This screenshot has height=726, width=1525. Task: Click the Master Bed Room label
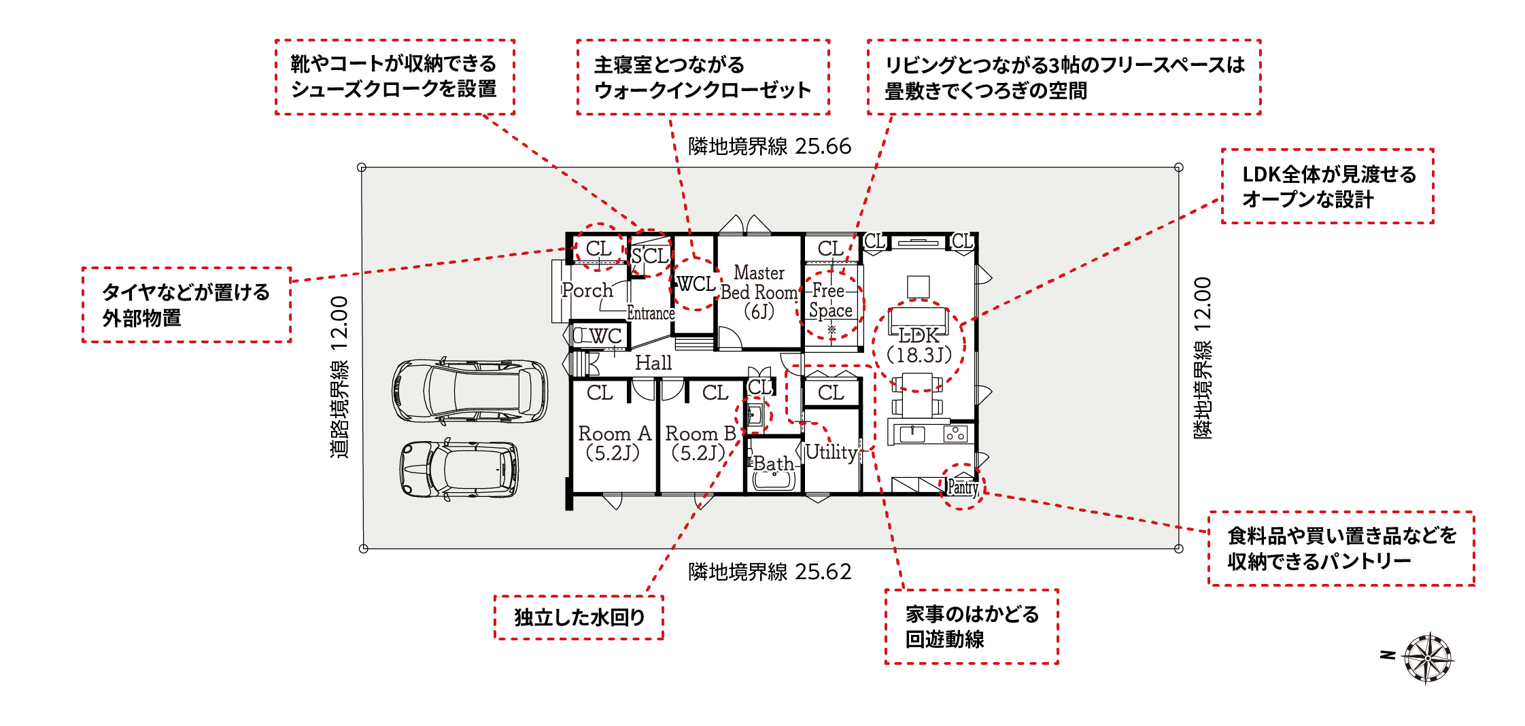[x=759, y=292]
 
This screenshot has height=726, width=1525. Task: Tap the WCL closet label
[x=696, y=284]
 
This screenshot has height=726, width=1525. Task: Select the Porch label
[x=587, y=291]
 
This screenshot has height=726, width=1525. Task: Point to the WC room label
[x=605, y=336]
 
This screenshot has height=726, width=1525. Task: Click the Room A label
[x=614, y=443]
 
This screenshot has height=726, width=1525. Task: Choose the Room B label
[x=700, y=443]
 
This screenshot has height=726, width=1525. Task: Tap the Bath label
[x=774, y=464]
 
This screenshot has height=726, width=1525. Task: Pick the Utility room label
[x=832, y=452]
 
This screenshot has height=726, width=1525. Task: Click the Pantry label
[x=963, y=487]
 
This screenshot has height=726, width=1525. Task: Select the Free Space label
[x=830, y=300]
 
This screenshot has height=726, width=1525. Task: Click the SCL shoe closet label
[x=650, y=256]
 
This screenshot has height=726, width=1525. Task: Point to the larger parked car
[x=470, y=390]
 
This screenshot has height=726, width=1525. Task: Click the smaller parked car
[x=459, y=469]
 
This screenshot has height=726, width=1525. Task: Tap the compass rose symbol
[x=1428, y=657]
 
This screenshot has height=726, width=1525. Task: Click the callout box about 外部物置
[x=187, y=305]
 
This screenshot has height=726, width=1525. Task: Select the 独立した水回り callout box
[x=579, y=617]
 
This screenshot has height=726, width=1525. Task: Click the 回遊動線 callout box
[x=972, y=626]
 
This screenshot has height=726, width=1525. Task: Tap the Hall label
[x=653, y=363]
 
